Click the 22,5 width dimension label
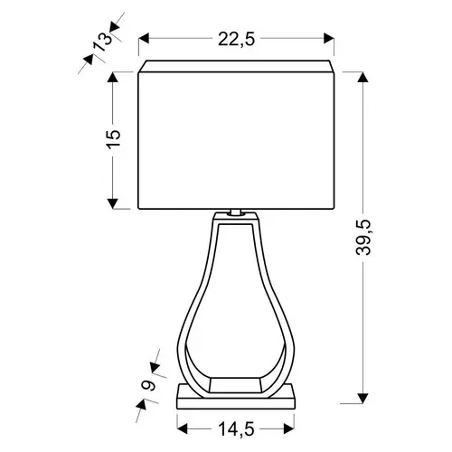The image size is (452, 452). pyautogui.click(x=236, y=39)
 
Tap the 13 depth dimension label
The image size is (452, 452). pyautogui.click(x=102, y=42)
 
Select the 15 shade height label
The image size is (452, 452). pyautogui.click(x=114, y=138)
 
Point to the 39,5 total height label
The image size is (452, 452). pyautogui.click(x=363, y=238)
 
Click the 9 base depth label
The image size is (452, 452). pyautogui.click(x=148, y=385)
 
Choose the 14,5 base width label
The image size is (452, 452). pyautogui.click(x=236, y=429)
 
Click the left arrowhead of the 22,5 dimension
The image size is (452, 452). pyautogui.click(x=144, y=39)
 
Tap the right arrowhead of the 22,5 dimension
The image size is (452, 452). pyautogui.click(x=329, y=39)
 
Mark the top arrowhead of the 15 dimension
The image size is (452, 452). pyautogui.click(x=113, y=77)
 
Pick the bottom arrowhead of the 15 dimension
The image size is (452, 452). pyautogui.click(x=113, y=203)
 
